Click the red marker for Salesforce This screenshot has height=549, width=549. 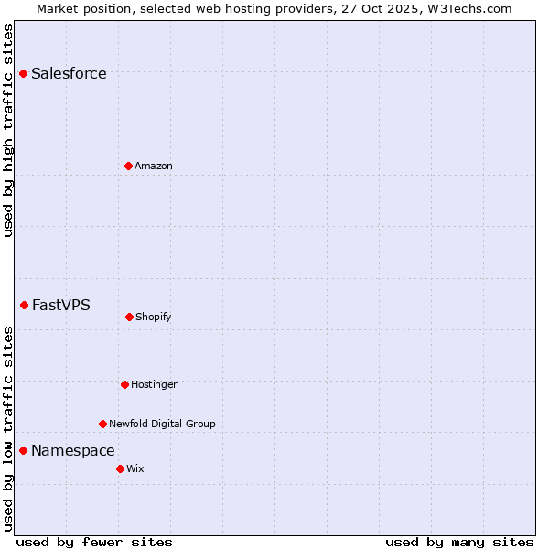[x=24, y=73]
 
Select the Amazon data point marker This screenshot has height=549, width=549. [x=128, y=166]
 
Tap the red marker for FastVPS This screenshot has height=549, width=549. [x=25, y=305]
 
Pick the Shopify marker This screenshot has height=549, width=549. [x=129, y=317]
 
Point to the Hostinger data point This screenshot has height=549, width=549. [x=124, y=384]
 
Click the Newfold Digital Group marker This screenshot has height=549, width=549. [x=102, y=424]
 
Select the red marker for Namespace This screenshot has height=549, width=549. [x=24, y=450]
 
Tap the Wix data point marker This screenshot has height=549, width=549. [x=120, y=468]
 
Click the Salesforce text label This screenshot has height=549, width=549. [x=69, y=73]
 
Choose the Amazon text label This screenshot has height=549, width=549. [x=154, y=166]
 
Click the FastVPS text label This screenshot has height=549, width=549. [x=61, y=305]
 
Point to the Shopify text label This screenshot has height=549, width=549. [x=154, y=317]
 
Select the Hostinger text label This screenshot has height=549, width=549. [x=154, y=384]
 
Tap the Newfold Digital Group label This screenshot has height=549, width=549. [x=162, y=424]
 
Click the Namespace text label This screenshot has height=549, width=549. [x=73, y=450]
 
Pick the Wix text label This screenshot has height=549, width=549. [x=135, y=468]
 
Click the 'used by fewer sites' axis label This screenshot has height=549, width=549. [x=94, y=542]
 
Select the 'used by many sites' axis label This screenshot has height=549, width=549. [x=459, y=542]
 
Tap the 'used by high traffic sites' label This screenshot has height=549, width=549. [x=8, y=131]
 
